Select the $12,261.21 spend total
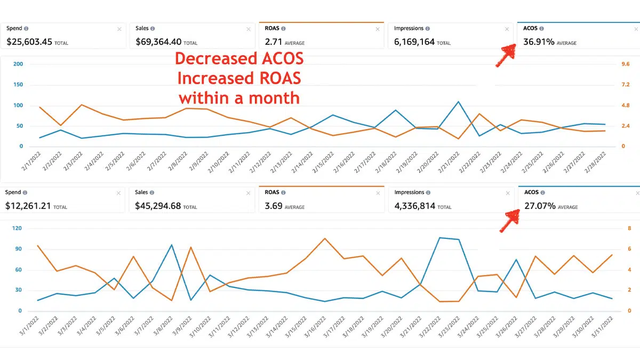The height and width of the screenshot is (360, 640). click(x=28, y=205)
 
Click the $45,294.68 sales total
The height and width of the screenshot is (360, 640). click(x=159, y=205)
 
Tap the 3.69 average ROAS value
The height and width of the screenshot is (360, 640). click(x=274, y=205)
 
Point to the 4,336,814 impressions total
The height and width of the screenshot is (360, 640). click(x=414, y=205)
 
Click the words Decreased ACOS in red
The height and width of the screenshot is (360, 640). click(x=239, y=58)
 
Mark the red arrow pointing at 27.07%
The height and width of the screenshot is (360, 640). click(x=509, y=220)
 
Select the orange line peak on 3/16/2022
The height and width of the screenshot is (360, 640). click(x=324, y=238)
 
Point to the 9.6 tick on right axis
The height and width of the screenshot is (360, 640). click(x=626, y=64)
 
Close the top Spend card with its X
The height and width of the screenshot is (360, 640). click(x=119, y=29)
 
